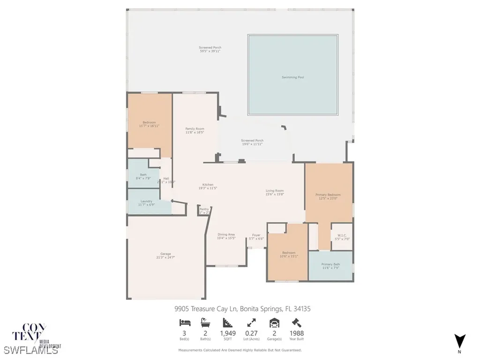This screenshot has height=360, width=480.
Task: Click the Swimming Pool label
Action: pos(292,77)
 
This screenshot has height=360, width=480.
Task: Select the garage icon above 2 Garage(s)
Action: pos(274,322)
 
